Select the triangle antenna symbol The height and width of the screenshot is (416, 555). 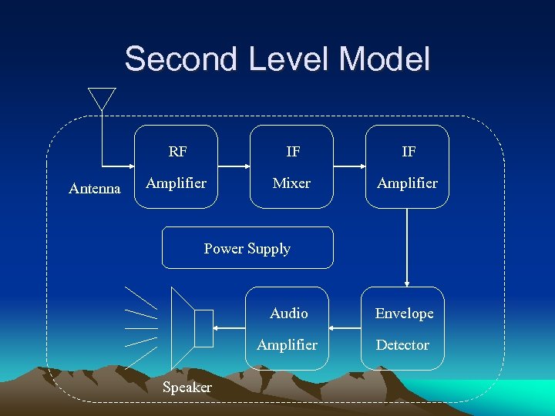[101, 98]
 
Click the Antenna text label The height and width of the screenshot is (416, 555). [95, 188]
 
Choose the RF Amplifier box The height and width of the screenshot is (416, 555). [177, 166]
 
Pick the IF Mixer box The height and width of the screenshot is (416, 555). [292, 166]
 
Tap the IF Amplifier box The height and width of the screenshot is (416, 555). [407, 166]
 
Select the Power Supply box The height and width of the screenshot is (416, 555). [247, 248]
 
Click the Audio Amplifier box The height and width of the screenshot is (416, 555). [288, 328]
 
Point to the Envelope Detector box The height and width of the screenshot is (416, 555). [403, 328]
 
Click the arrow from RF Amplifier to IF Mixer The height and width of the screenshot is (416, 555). [234, 166]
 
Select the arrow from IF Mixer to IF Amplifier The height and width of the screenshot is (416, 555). [349, 166]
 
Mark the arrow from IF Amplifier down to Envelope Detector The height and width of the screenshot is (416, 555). [407, 247]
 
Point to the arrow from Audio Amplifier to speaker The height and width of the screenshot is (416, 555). [230, 328]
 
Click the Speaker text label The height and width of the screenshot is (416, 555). [187, 387]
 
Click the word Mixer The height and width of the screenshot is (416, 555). [292, 183]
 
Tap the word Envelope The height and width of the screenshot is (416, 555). [404, 314]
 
